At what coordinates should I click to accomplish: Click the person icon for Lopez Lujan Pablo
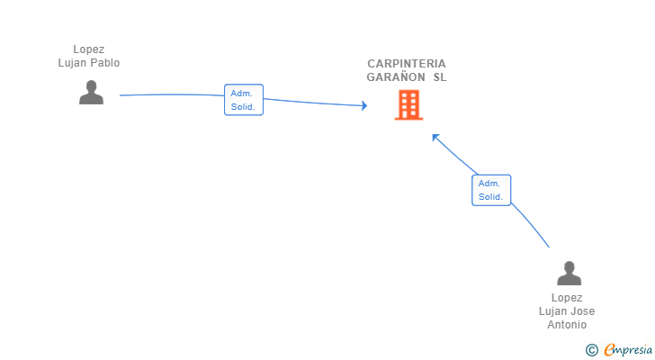click(x=91, y=92)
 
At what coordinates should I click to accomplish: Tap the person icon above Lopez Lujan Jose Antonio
click(x=569, y=273)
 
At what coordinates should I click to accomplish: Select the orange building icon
click(x=408, y=105)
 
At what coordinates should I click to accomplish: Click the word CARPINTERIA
click(x=406, y=64)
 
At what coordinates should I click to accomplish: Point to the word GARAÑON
click(x=396, y=77)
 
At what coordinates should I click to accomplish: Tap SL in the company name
click(x=439, y=77)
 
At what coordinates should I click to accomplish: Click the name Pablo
click(x=104, y=63)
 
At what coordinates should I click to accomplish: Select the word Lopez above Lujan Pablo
click(x=89, y=49)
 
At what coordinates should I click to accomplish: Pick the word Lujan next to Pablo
click(x=73, y=63)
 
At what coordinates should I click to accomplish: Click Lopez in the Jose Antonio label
click(x=567, y=298)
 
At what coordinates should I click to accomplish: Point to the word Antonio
click(x=567, y=325)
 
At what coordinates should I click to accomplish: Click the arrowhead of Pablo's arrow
click(x=363, y=106)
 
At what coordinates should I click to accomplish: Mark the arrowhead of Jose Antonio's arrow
click(x=435, y=137)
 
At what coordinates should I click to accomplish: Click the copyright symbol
click(x=591, y=350)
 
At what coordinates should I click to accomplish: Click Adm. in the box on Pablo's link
click(x=241, y=93)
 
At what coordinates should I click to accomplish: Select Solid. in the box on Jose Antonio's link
click(x=490, y=197)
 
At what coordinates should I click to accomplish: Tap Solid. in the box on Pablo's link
click(x=243, y=107)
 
